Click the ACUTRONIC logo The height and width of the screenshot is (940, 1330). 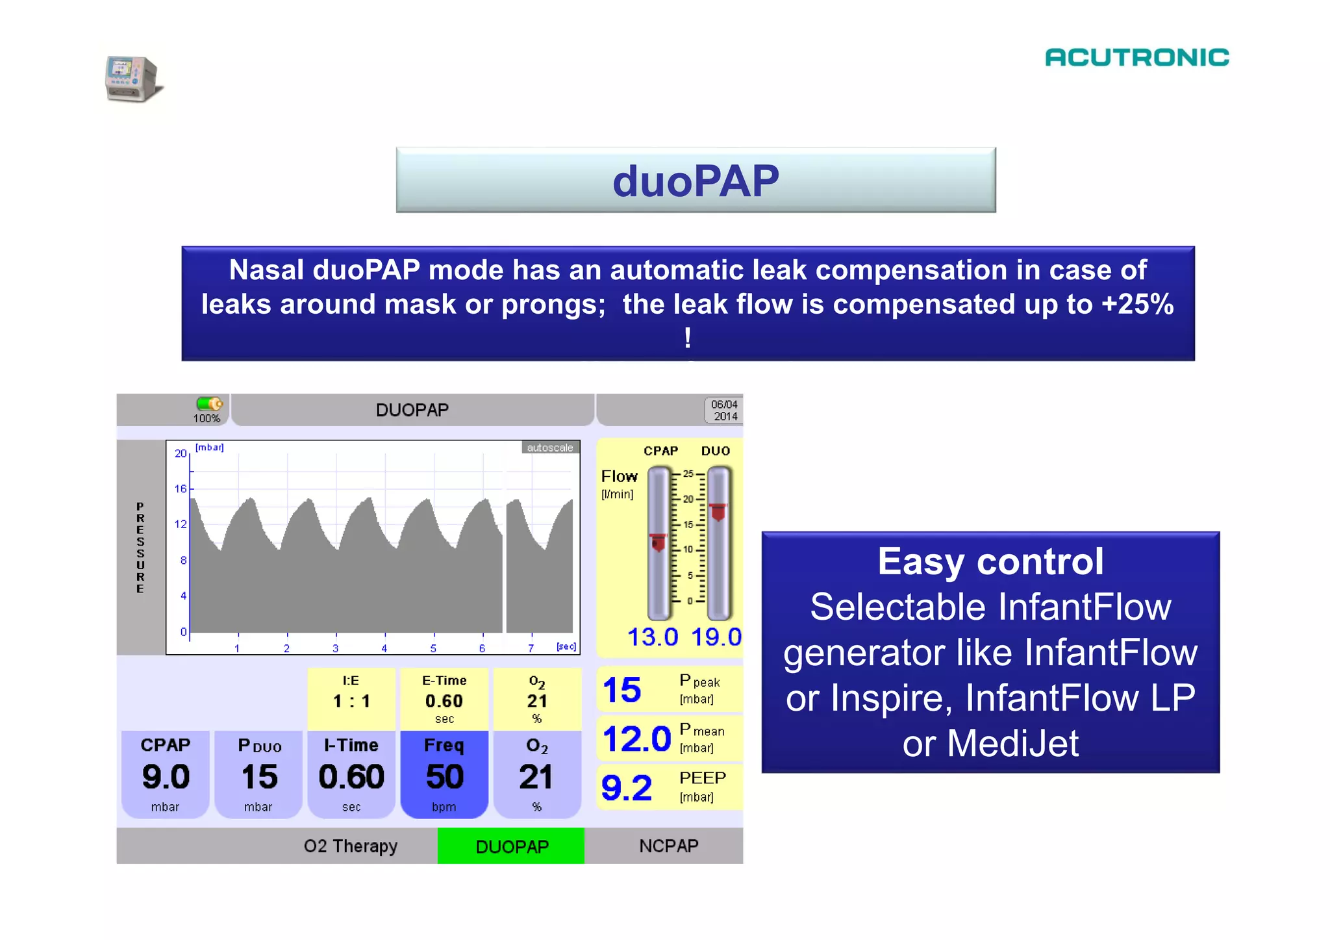click(x=1136, y=57)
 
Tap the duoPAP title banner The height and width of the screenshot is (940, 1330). click(x=696, y=180)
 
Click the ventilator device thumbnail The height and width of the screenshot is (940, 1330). click(x=132, y=79)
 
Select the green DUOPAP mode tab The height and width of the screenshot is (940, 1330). click(x=511, y=846)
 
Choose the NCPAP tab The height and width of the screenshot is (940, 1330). click(x=668, y=845)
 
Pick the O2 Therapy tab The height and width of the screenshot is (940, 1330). click(x=350, y=846)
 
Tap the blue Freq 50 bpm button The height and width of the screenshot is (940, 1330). click(x=444, y=774)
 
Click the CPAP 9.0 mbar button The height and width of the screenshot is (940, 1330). click(x=166, y=774)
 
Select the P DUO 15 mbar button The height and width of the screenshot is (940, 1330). click(x=258, y=774)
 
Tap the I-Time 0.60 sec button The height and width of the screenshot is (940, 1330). click(x=351, y=774)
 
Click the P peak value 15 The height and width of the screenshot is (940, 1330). click(x=621, y=690)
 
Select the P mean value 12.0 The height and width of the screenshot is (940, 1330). click(x=636, y=739)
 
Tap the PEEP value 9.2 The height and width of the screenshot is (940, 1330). click(x=626, y=787)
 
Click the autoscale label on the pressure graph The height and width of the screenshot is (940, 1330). click(x=549, y=448)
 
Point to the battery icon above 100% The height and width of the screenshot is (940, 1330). click(x=209, y=403)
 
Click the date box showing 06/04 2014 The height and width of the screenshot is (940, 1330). click(x=723, y=411)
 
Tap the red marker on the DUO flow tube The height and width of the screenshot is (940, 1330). click(x=718, y=512)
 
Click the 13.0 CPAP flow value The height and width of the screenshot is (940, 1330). click(x=652, y=637)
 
